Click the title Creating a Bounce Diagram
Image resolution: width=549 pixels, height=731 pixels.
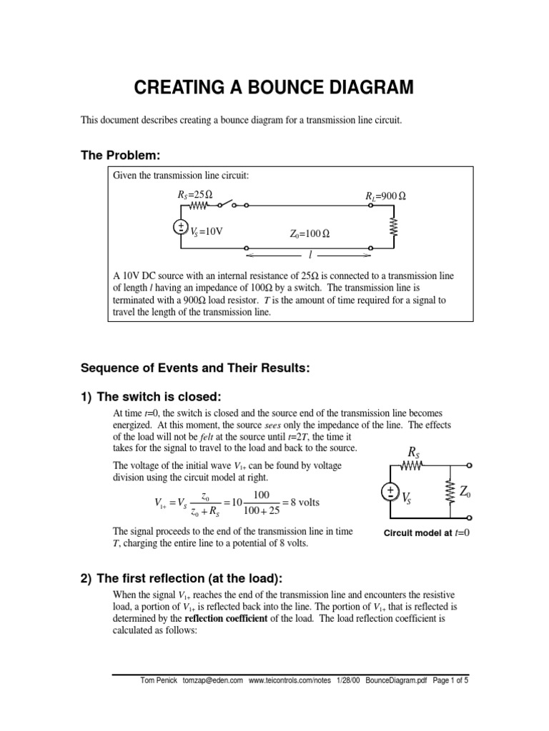pyautogui.click(x=274, y=88)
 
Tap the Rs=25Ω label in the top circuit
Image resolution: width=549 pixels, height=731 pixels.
pyautogui.click(x=194, y=194)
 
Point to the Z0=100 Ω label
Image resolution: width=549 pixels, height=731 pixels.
pyautogui.click(x=310, y=233)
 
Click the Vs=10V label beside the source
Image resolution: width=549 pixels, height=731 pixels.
pyautogui.click(x=207, y=231)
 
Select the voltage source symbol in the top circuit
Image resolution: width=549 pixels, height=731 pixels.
pyautogui.click(x=180, y=227)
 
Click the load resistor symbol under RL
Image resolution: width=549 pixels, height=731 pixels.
pyautogui.click(x=392, y=226)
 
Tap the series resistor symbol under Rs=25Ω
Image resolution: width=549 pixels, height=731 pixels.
pyautogui.click(x=198, y=206)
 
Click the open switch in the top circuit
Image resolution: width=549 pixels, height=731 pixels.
pyautogui.click(x=230, y=205)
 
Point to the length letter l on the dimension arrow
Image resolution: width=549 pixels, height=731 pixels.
pyautogui.click(x=310, y=254)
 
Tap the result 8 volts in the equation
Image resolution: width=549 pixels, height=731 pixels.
pyautogui.click(x=302, y=503)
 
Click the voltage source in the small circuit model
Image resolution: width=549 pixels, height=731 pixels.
pyautogui.click(x=390, y=492)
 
